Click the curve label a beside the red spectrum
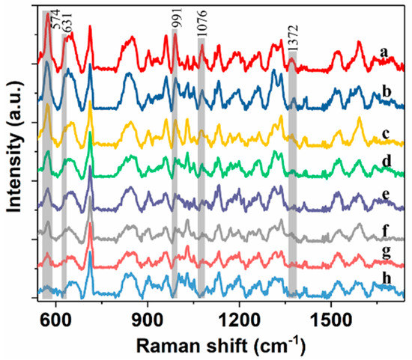point(383,52)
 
